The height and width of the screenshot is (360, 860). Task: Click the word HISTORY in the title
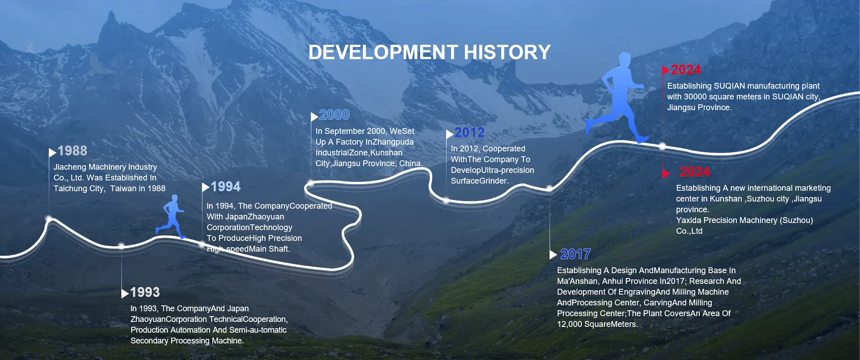tap(507, 52)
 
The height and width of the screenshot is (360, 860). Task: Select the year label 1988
tap(73, 151)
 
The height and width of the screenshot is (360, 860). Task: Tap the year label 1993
tap(145, 292)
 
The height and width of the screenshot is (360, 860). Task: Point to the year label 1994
tap(226, 187)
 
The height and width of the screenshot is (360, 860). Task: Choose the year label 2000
tap(334, 115)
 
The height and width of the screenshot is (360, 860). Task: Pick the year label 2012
tap(469, 133)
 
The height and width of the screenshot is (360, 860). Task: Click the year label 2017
tap(576, 254)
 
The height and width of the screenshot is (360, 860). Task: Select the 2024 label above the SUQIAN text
tap(686, 70)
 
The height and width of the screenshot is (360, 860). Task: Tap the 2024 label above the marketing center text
tap(695, 172)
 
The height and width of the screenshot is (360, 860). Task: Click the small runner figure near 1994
tap(171, 216)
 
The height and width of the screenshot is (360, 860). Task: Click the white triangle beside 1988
tap(52, 153)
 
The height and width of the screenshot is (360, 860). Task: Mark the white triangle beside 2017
tap(553, 255)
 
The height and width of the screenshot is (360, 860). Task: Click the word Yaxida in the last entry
tap(688, 220)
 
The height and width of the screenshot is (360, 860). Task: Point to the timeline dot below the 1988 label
tap(49, 219)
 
